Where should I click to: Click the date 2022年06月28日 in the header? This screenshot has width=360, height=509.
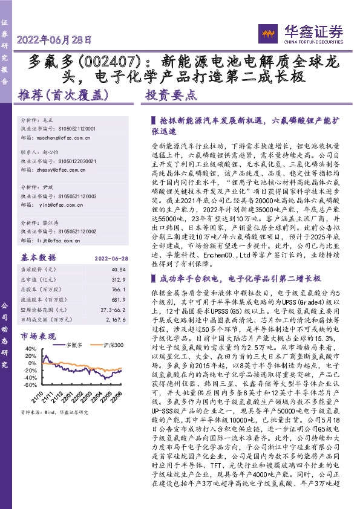pos(54,41)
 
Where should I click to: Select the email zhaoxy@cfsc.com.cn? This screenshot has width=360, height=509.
pos(65,170)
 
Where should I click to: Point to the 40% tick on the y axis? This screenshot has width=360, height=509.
pos(28,349)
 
